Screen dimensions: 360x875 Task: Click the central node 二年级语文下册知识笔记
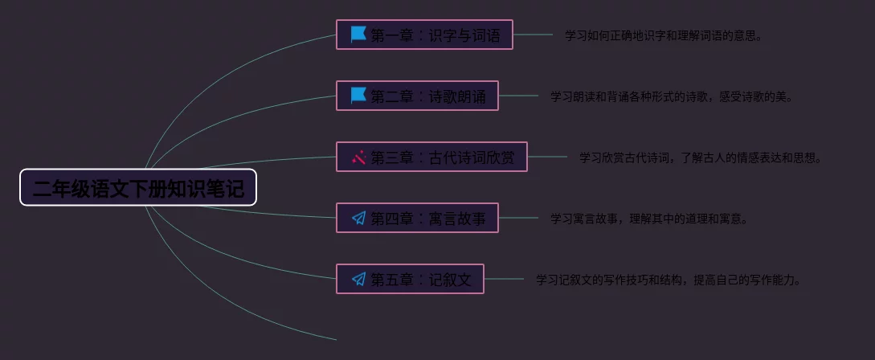coord(138,188)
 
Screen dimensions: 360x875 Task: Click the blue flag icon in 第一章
coord(358,35)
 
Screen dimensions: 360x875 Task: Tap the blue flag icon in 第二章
coord(358,96)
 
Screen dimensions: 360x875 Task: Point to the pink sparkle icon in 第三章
coord(358,157)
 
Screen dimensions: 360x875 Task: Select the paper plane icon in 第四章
coord(358,218)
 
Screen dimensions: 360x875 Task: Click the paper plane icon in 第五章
coord(358,279)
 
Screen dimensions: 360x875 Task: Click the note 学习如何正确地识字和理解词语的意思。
coord(664,35)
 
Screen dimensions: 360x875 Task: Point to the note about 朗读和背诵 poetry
coord(672,96)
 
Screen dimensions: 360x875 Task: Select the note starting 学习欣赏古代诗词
coord(701,157)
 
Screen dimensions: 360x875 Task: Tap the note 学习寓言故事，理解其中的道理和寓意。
coord(649,219)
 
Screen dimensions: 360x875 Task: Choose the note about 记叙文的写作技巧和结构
coord(669,280)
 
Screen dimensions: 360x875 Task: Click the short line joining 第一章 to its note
coord(533,35)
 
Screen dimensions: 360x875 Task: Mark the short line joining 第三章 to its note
coord(547,157)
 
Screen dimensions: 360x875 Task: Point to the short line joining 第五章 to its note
coord(504,279)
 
